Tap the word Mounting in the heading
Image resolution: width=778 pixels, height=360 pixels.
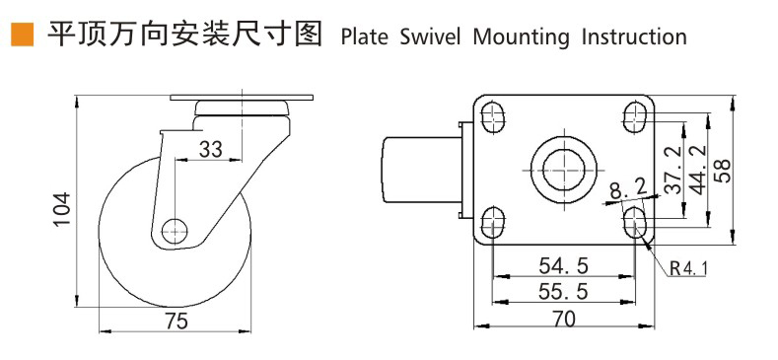520,38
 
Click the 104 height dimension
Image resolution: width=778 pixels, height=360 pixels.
61,209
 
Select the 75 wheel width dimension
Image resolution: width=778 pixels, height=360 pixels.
175,321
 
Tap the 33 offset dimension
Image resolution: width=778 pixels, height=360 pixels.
211,149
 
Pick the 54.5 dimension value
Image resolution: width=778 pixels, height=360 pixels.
563,265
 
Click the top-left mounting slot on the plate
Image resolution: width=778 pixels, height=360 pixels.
492,117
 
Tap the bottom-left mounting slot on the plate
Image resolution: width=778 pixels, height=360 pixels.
492,220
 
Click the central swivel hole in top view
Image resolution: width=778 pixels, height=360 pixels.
563,169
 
